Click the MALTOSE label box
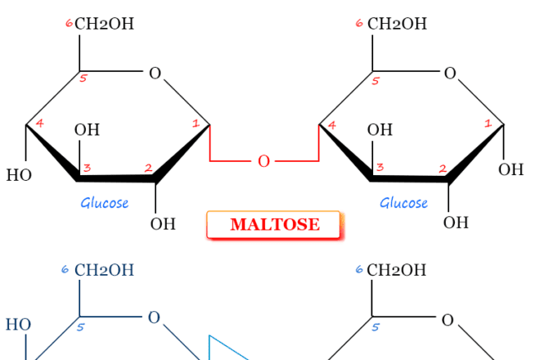pos(274,225)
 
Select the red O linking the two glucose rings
pos(263,161)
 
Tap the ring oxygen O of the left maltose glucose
pos(155,74)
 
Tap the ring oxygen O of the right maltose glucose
pos(449,74)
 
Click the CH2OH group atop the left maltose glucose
pos(104,24)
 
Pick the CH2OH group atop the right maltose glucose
pos(397,24)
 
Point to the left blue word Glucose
pos(104,203)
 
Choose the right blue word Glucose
pos(403,203)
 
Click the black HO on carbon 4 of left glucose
pos(19,175)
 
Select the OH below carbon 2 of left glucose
pos(163,223)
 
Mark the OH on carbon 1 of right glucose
pos(511,169)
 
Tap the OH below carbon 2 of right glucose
pos(456,223)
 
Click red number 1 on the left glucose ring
pos(196,124)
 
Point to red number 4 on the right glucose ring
pos(331,126)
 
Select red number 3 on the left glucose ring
pos(86,168)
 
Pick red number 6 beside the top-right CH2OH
pos(359,23)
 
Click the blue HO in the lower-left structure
pos(18,325)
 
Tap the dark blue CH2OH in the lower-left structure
pos(104,270)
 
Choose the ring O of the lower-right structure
pos(448,320)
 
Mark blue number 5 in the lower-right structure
pos(376,327)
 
